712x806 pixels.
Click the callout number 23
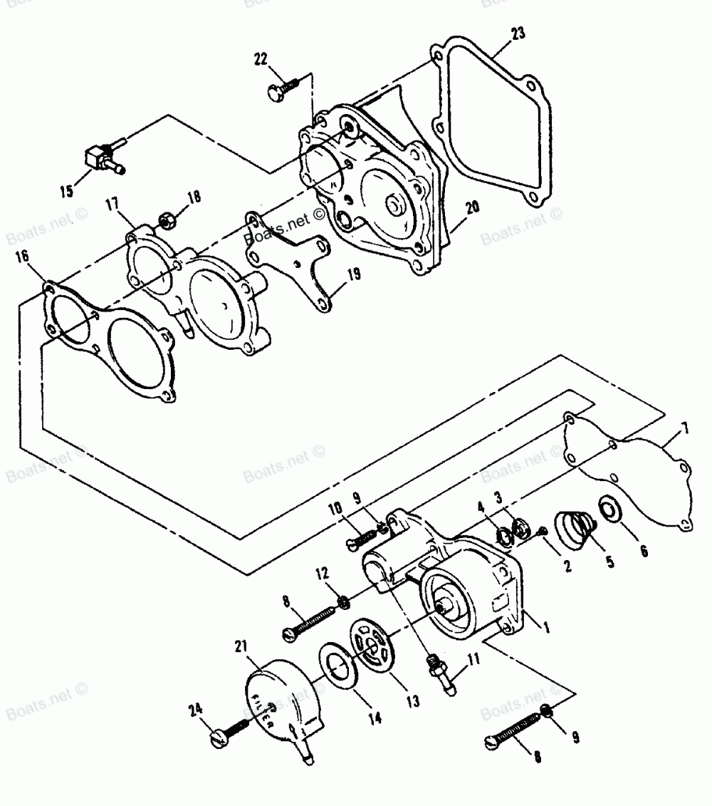tap(518, 33)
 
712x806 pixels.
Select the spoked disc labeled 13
tap(374, 645)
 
